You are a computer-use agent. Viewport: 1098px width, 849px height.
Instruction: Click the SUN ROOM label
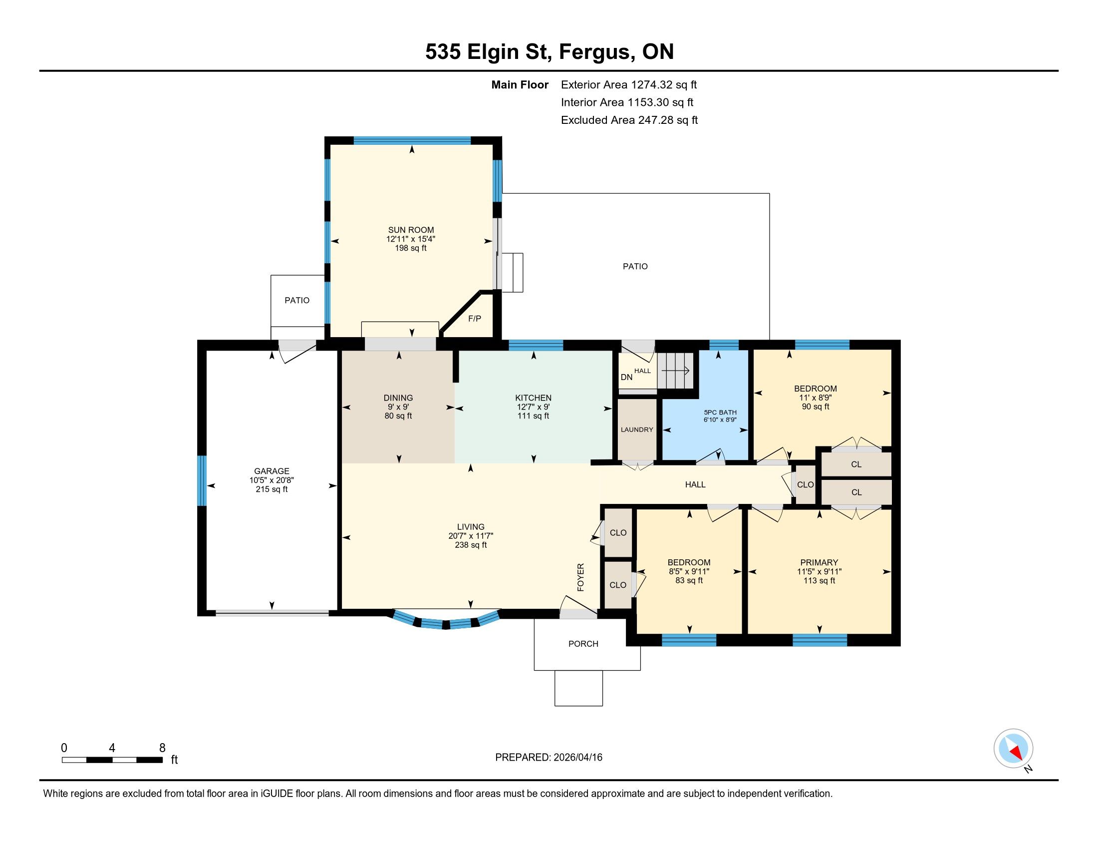pyautogui.click(x=411, y=230)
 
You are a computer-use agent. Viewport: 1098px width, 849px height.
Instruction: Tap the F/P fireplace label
pyautogui.click(x=475, y=319)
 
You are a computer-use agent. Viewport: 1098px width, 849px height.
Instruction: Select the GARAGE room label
pyautogui.click(x=272, y=471)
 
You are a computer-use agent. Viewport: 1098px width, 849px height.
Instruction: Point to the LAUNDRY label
pyautogui.click(x=637, y=429)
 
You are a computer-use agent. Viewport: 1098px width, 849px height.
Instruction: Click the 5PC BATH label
pyautogui.click(x=720, y=413)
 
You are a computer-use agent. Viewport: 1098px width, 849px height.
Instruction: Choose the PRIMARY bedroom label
pyautogui.click(x=819, y=562)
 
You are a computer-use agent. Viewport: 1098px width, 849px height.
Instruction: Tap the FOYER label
pyautogui.click(x=580, y=577)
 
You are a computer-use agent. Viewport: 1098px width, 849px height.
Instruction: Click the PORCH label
pyautogui.click(x=583, y=644)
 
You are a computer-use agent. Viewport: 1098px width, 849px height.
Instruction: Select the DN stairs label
pyautogui.click(x=626, y=377)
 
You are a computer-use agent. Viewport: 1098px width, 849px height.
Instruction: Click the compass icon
pyautogui.click(x=1013, y=749)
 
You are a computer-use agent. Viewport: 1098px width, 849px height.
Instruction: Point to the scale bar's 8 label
pyautogui.click(x=162, y=748)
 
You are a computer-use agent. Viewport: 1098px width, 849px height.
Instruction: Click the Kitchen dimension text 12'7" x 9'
pyautogui.click(x=534, y=407)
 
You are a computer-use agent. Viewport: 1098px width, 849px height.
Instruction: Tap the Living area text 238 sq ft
pyautogui.click(x=471, y=545)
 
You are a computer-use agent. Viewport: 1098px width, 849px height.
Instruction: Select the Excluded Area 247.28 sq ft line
pyautogui.click(x=629, y=120)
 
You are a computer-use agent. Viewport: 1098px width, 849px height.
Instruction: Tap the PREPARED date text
pyautogui.click(x=549, y=758)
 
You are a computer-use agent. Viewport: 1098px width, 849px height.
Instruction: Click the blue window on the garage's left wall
pyautogui.click(x=202, y=480)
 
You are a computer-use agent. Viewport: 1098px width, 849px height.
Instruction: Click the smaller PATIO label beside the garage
pyautogui.click(x=297, y=300)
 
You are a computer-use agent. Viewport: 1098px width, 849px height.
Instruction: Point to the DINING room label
pyautogui.click(x=398, y=398)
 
